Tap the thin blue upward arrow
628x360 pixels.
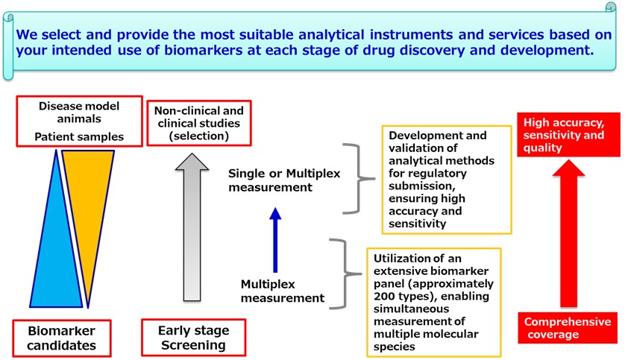point(275,239)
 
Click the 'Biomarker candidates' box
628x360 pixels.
point(62,338)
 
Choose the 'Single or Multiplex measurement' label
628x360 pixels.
point(283,180)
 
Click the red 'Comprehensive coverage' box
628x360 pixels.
point(567,328)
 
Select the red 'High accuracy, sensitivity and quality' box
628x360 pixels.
point(568,135)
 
